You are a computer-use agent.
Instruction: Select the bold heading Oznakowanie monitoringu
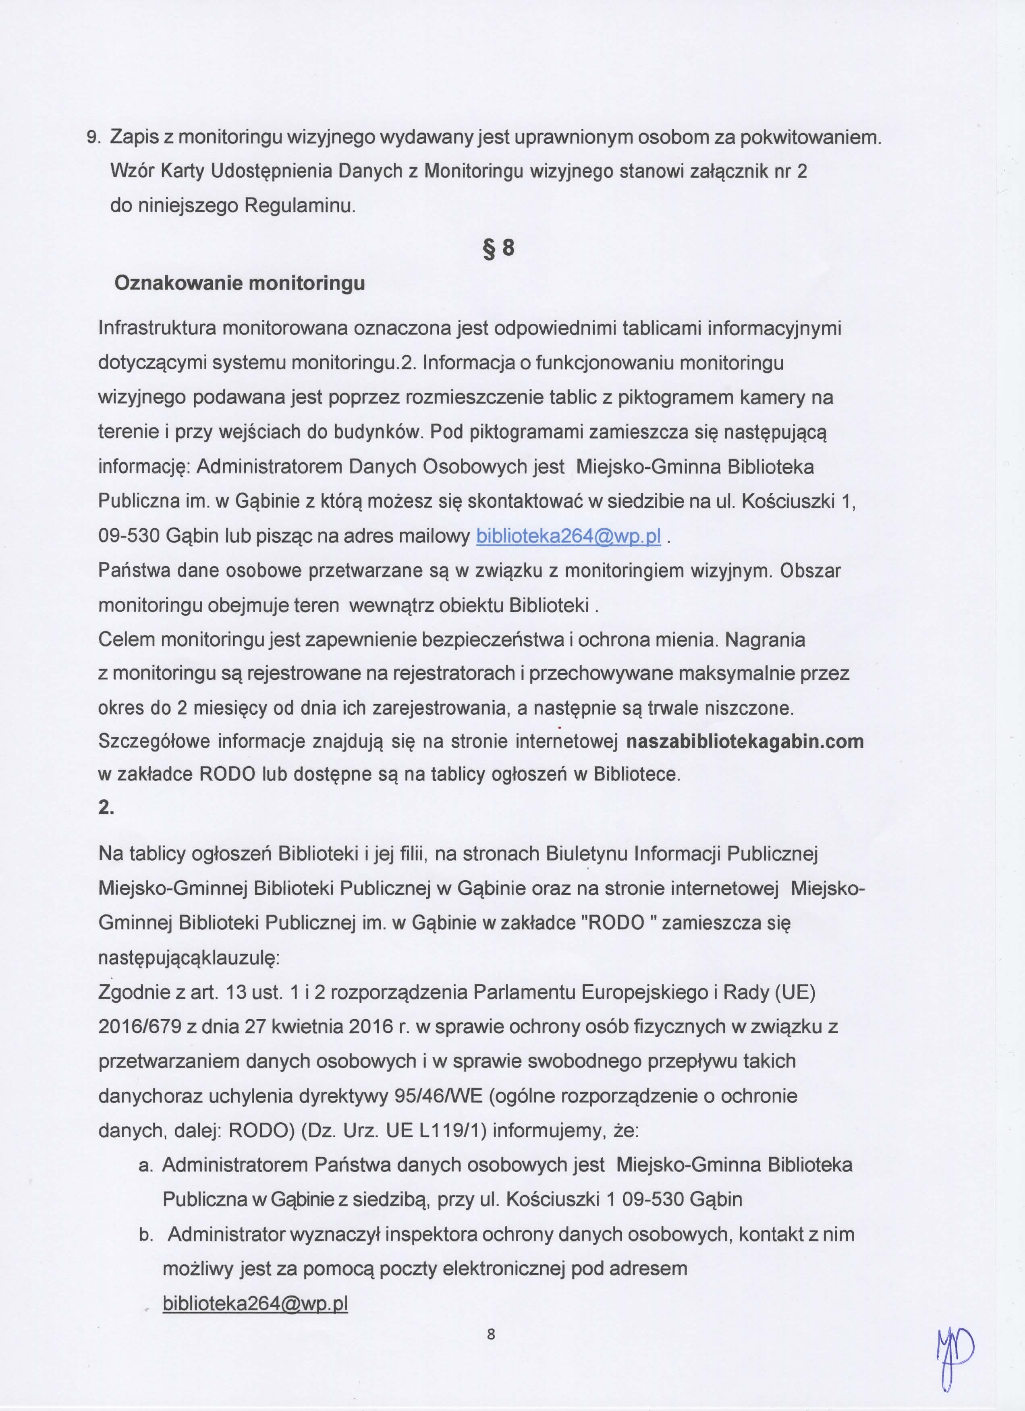(240, 284)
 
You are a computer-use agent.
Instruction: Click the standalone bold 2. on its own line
(106, 807)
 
